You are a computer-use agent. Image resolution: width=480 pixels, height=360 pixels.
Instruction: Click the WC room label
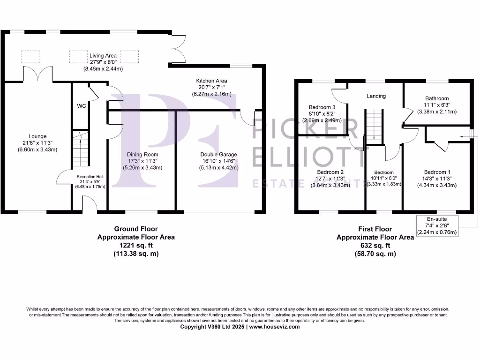click(x=81, y=106)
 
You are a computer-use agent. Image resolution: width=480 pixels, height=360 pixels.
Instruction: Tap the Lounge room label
click(x=37, y=136)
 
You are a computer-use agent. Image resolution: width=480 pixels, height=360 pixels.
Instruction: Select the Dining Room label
click(x=142, y=154)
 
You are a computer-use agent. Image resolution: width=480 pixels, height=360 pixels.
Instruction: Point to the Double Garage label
click(x=218, y=154)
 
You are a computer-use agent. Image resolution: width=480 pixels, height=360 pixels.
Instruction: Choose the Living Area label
click(x=103, y=56)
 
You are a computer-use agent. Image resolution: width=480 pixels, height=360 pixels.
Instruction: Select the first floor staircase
click(x=374, y=126)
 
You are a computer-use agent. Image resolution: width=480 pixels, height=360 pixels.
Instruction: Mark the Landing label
click(x=376, y=96)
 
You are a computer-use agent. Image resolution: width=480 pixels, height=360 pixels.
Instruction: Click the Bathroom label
click(x=436, y=98)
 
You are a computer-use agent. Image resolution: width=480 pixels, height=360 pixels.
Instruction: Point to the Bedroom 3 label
click(x=322, y=106)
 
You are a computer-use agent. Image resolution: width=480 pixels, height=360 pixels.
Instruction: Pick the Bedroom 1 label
click(x=436, y=172)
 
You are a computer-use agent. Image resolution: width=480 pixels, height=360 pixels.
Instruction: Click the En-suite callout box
click(x=437, y=225)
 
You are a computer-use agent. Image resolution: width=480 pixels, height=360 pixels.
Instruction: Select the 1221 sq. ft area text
click(x=136, y=245)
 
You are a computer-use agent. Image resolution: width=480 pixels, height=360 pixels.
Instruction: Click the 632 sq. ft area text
click(x=375, y=245)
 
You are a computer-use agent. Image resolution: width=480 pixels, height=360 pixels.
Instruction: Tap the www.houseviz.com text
click(x=274, y=327)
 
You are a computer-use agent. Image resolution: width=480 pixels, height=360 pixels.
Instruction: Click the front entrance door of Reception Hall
click(x=90, y=204)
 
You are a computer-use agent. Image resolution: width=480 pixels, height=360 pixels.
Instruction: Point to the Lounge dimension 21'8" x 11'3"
click(x=37, y=143)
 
